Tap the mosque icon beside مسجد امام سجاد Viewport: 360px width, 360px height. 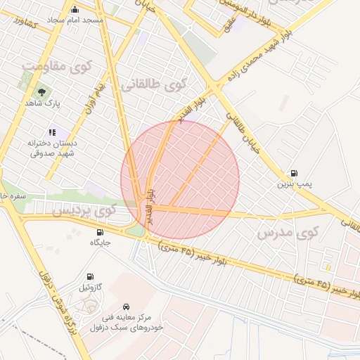tap(75, 9)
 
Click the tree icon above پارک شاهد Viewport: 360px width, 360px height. tap(41, 91)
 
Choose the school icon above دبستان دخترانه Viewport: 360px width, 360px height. tap(51, 131)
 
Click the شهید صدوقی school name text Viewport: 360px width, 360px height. tap(53, 155)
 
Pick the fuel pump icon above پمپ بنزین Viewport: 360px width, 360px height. tap(293, 173)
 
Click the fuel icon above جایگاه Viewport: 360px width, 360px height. tap(100, 232)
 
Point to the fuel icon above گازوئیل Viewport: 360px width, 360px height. tap(90, 277)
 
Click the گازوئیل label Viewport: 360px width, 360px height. tap(91, 288)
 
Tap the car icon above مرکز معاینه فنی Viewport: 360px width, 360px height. tap(126, 307)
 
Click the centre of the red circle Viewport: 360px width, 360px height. tap(180, 180)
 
